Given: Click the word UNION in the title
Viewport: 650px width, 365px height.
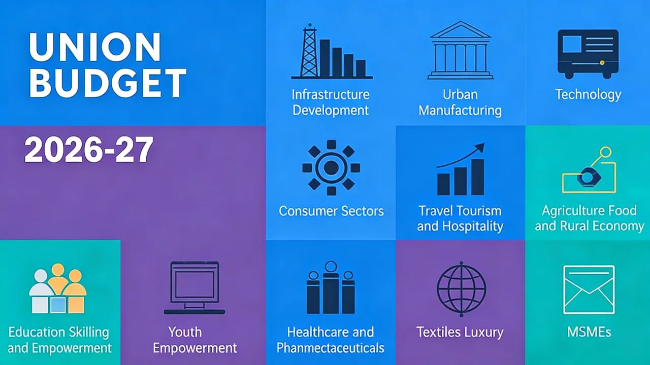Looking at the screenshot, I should coord(95,48).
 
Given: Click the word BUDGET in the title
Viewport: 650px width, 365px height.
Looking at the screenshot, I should coord(108,84).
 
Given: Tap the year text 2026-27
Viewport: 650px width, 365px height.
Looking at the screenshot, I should coord(89,150).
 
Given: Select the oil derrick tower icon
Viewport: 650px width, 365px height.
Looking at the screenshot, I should coord(309,52).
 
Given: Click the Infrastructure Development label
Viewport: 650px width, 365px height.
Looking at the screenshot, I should coord(331,102).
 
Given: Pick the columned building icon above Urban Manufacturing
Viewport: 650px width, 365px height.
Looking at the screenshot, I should coord(460,50).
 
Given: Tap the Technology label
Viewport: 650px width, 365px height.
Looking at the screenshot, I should coord(588,95).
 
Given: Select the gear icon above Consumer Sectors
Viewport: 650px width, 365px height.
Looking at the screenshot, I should coord(331,168).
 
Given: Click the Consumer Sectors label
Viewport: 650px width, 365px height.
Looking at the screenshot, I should coord(331,211).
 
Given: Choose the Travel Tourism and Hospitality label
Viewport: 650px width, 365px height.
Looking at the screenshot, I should coord(460,218).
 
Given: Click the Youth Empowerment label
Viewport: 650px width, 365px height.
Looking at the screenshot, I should coord(194,340).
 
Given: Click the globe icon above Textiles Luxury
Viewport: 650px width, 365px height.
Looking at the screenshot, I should coord(461,289).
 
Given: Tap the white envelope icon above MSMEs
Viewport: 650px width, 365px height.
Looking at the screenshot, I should coord(589,289).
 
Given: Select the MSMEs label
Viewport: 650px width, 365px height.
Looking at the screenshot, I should coord(589,333).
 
